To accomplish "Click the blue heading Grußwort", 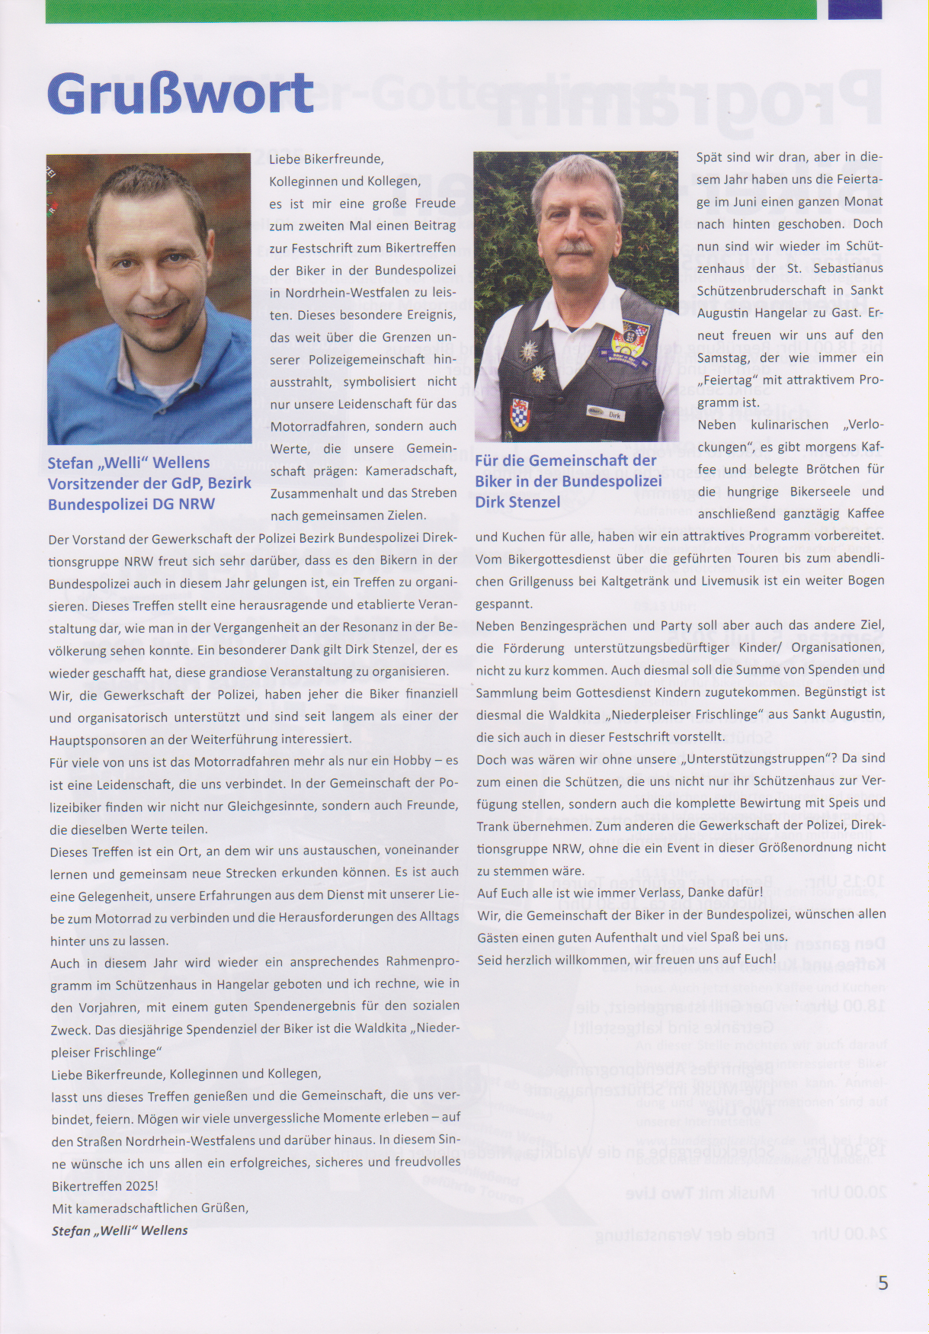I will [181, 95].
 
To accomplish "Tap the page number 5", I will [883, 1283].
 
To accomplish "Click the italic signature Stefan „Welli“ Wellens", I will [120, 1230].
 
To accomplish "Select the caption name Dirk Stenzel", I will [517, 502].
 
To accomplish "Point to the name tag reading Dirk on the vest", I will [614, 415].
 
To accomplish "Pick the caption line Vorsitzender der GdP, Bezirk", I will [149, 483].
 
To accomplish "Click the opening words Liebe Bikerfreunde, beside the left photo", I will [326, 159].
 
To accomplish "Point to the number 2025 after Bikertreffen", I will [139, 1186].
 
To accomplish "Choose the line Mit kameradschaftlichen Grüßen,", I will [149, 1208].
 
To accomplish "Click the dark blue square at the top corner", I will [854, 9].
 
